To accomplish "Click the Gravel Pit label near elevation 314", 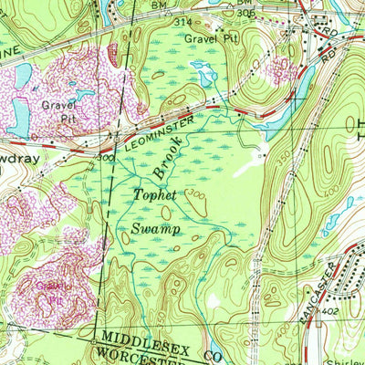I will (211, 39).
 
